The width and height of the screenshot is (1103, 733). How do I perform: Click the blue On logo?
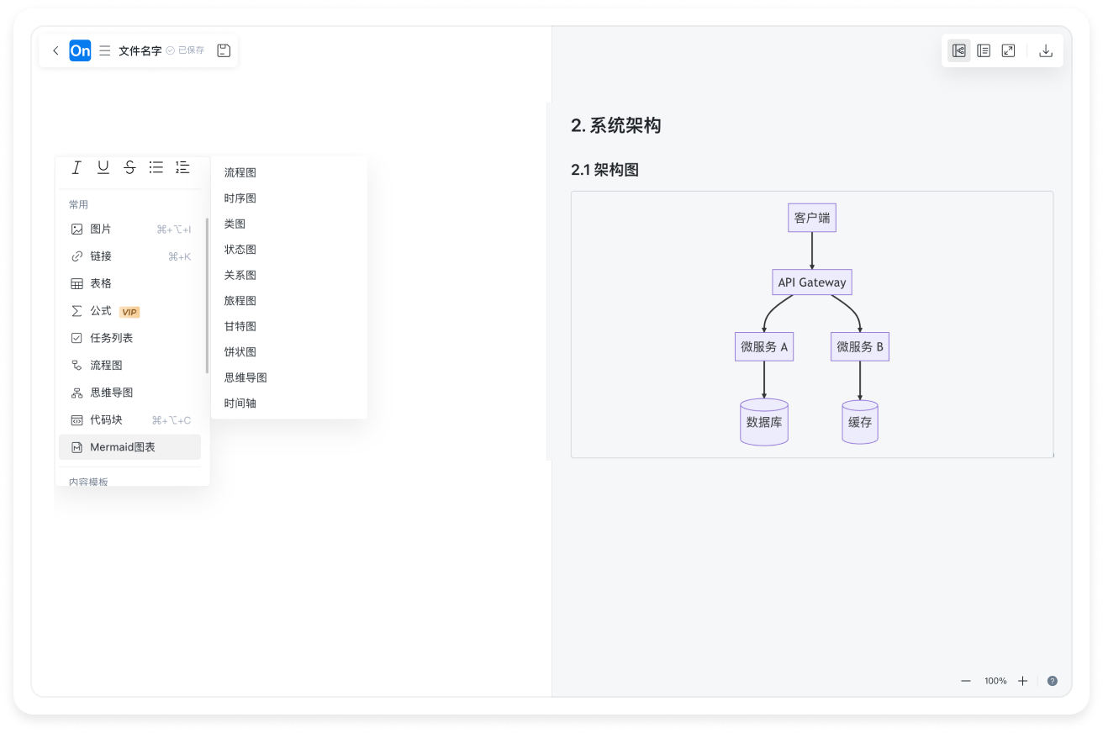pyautogui.click(x=80, y=50)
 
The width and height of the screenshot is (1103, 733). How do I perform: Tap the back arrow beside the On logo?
pyautogui.click(x=55, y=50)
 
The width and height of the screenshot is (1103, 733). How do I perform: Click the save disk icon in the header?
pyautogui.click(x=224, y=50)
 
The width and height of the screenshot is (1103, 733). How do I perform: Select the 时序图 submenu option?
pyautogui.click(x=240, y=198)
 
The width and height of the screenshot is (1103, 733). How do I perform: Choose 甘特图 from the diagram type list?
pyautogui.click(x=240, y=326)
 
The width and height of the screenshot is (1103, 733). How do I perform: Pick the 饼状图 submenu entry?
pyautogui.click(x=240, y=352)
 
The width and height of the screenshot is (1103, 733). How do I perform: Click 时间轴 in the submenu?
pyautogui.click(x=240, y=403)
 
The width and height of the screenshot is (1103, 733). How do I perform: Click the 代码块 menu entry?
pyautogui.click(x=107, y=420)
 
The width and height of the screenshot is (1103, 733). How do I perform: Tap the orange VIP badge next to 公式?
pyautogui.click(x=129, y=312)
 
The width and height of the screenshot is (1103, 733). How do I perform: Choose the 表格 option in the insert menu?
pyautogui.click(x=101, y=283)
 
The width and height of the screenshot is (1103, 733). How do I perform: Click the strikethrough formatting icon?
pyautogui.click(x=129, y=167)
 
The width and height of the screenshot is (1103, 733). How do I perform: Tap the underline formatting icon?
pyautogui.click(x=103, y=167)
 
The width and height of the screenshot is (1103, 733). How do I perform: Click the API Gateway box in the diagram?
pyautogui.click(x=811, y=282)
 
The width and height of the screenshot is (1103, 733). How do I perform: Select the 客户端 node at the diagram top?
pyautogui.click(x=811, y=218)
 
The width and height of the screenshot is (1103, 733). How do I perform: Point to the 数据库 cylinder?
pyautogui.click(x=763, y=422)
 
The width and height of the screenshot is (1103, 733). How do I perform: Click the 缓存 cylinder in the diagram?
pyautogui.click(x=859, y=422)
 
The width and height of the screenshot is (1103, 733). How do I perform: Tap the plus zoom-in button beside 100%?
pyautogui.click(x=1022, y=681)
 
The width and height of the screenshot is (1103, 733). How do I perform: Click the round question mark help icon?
pyautogui.click(x=1052, y=681)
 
